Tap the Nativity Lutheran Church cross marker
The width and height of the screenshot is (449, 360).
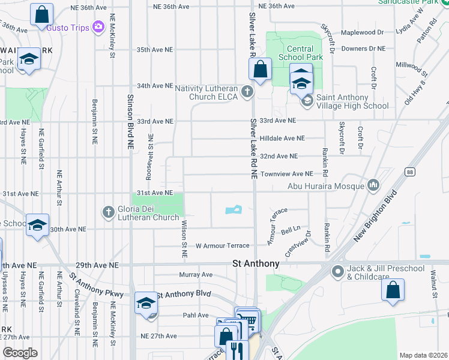click(247, 92)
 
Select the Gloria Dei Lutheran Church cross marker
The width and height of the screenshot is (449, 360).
click(109, 211)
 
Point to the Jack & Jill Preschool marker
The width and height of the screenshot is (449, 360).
click(337, 272)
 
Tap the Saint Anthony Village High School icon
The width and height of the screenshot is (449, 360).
click(307, 101)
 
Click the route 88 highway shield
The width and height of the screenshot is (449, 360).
click(410, 172)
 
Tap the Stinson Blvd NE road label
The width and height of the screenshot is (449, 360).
click(130, 121)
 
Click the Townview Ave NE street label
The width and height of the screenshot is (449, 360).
click(286, 173)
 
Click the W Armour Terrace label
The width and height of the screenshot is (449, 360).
click(222, 246)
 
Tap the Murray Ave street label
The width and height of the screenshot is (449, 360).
click(196, 275)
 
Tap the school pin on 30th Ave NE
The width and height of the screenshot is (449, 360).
click(37, 224)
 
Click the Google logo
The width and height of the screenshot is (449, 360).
click(20, 353)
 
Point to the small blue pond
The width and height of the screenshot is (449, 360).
click(233, 210)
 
